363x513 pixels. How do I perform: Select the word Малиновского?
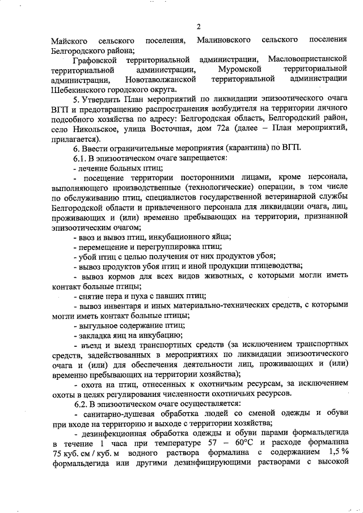(x=224, y=41)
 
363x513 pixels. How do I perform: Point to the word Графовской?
(x=95, y=60)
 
